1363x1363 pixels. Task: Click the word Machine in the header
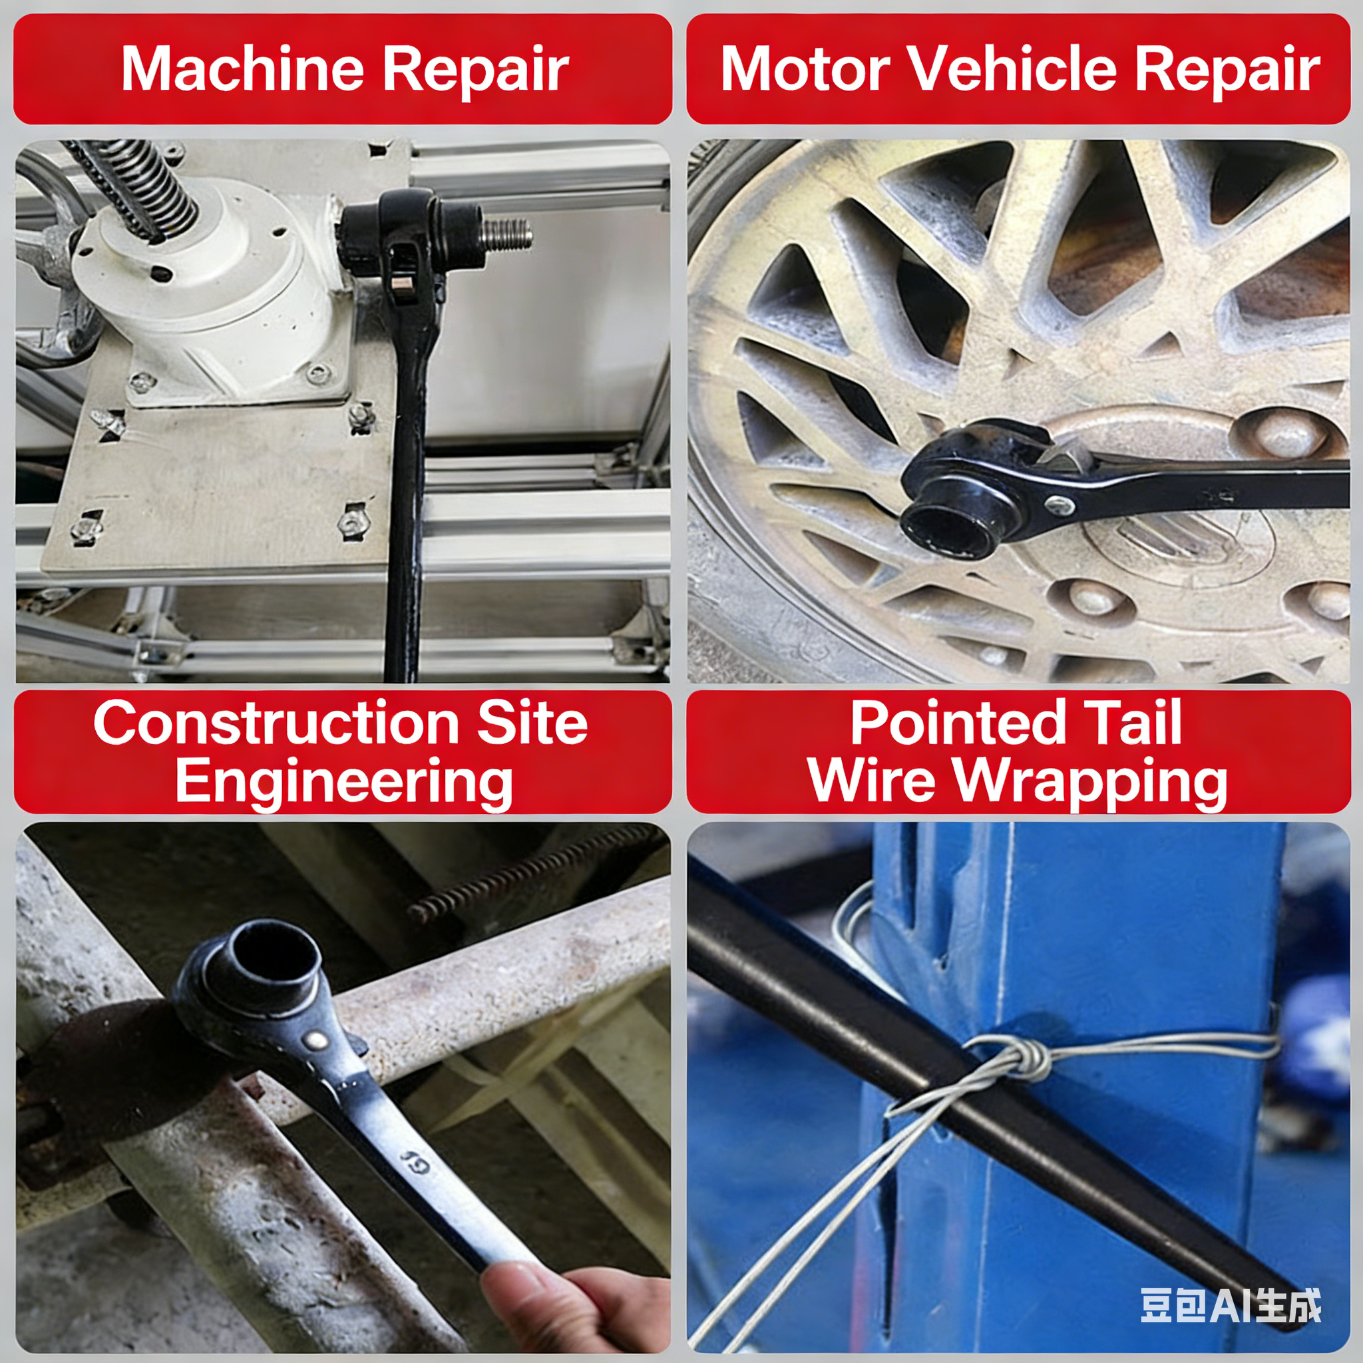pos(242,69)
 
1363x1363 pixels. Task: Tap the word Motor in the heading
pos(805,69)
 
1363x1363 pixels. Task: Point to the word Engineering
pos(344,783)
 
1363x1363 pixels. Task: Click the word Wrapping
pos(1091,783)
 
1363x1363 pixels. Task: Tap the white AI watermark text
pos(1231,1306)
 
